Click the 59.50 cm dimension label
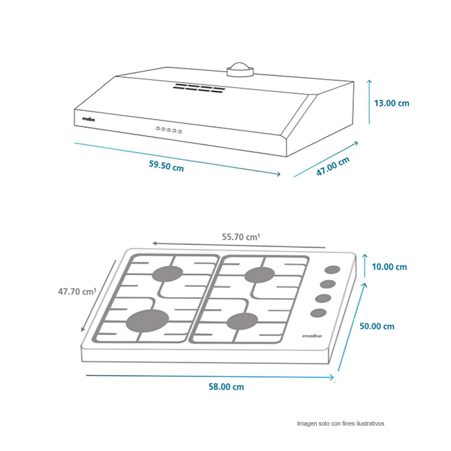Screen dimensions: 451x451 pos(166,166)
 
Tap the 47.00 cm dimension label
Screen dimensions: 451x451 pos(333,166)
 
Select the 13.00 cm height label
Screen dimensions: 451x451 pos(391,103)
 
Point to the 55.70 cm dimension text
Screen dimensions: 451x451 pos(241,237)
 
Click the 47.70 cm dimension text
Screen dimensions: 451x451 pos(77,291)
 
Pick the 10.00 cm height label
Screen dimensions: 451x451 pos(390,267)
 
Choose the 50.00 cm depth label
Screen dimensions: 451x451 pos(377,326)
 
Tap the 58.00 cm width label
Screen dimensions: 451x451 pos(226,387)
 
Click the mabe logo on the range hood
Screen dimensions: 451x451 pos(89,119)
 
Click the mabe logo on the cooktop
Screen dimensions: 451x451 pos(312,335)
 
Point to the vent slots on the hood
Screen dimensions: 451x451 pos(199,88)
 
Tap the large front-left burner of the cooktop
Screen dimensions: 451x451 pos(147,321)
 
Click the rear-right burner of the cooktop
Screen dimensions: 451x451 pos(259,275)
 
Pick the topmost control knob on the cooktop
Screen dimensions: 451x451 pos(332,270)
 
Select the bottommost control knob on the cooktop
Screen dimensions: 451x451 pos(319,313)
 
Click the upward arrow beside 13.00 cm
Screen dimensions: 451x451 pos(369,102)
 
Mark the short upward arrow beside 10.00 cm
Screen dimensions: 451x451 pos(365,266)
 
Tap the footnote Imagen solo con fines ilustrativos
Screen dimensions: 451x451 pos(341,423)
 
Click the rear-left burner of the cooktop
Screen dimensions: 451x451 pos(167,274)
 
